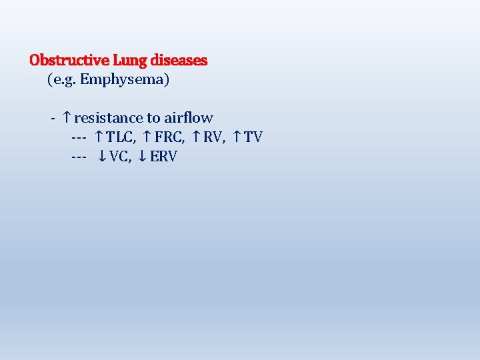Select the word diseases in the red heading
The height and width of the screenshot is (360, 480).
point(179,60)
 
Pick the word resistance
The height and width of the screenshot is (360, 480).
point(109,118)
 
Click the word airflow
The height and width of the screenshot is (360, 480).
point(189,118)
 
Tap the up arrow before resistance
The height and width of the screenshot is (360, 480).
point(67,118)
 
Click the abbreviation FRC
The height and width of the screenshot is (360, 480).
point(169,137)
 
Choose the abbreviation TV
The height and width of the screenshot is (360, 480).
point(253,137)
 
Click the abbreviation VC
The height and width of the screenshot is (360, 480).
point(120,157)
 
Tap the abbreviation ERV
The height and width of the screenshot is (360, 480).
point(163,157)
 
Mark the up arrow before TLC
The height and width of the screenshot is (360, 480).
point(99,137)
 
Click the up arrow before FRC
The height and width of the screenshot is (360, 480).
point(147,137)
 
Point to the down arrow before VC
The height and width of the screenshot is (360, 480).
point(102,157)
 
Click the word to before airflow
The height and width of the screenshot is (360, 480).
point(153,118)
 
